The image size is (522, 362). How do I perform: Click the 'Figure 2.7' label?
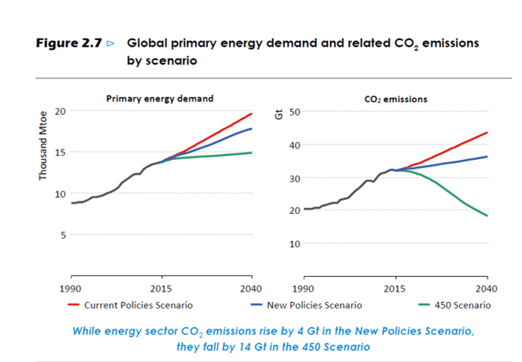[69, 43]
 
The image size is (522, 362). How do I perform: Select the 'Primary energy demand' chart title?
[160, 98]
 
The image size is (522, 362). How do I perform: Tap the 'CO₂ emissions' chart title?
[396, 99]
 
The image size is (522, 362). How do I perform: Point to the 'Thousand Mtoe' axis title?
[43, 146]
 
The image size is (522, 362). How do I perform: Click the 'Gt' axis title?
[279, 115]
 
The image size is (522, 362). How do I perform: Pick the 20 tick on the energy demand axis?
[60, 111]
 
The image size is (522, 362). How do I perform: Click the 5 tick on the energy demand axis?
[63, 235]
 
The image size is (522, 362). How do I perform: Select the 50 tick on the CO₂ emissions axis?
[295, 112]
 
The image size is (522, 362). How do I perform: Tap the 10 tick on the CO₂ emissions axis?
[295, 244]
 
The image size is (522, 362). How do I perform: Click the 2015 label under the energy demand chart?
[161, 289]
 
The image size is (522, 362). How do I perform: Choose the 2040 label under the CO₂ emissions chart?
[486, 289]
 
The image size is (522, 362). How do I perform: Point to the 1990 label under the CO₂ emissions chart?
[303, 289]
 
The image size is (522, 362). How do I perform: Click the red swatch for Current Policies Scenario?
[73, 304]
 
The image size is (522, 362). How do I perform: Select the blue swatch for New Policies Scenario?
[256, 304]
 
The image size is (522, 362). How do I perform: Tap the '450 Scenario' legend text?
[463, 305]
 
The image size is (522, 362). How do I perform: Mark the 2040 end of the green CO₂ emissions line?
[487, 215]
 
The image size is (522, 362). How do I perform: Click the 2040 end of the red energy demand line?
[251, 114]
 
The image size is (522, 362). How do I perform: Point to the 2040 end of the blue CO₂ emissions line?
[487, 157]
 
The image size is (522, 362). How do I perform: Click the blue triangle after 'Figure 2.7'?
[110, 44]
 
